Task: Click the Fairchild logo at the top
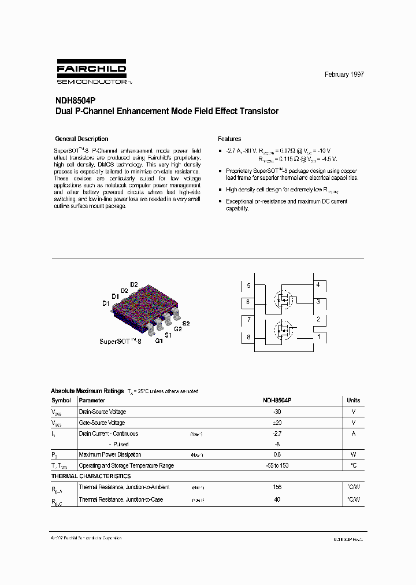(91, 75)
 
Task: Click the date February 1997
(344, 75)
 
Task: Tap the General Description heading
(81, 139)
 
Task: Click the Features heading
(229, 139)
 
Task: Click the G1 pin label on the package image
(159, 341)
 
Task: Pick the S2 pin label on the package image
(186, 323)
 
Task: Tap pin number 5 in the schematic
(248, 286)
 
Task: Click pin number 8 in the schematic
(248, 337)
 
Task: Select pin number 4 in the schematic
(318, 285)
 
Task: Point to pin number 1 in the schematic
(318, 336)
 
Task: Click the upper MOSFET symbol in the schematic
(284, 300)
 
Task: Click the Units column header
(353, 400)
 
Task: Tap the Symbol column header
(61, 400)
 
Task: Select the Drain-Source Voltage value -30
(277, 412)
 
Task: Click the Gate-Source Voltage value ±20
(277, 423)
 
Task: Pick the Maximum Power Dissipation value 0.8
(277, 454)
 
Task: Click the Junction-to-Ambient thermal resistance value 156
(277, 487)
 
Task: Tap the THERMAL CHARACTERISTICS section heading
(91, 476)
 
